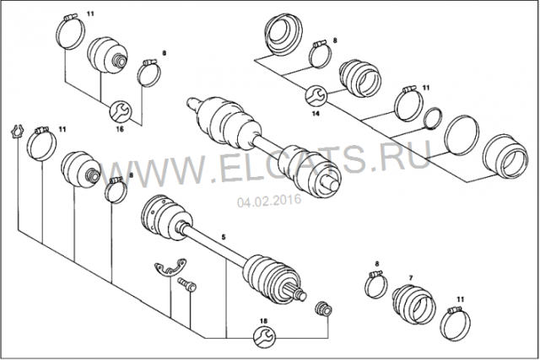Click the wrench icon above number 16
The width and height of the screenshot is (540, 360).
click(x=120, y=110)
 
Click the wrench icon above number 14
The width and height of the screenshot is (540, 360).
click(x=316, y=94)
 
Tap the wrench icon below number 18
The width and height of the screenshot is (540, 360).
click(x=264, y=336)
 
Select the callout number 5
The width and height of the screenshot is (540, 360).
click(x=224, y=237)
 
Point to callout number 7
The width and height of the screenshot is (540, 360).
click(x=411, y=277)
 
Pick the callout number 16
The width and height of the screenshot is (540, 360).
click(x=120, y=129)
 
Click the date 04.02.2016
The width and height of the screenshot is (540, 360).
click(x=269, y=201)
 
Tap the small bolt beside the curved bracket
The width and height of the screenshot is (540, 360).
click(x=187, y=285)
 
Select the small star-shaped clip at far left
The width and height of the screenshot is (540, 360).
click(x=17, y=132)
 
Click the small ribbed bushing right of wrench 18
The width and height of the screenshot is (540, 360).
click(x=324, y=309)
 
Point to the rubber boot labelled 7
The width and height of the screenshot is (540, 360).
click(x=413, y=304)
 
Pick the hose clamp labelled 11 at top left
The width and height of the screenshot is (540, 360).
click(x=70, y=33)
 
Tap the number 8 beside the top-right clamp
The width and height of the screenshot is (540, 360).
click(x=335, y=40)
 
